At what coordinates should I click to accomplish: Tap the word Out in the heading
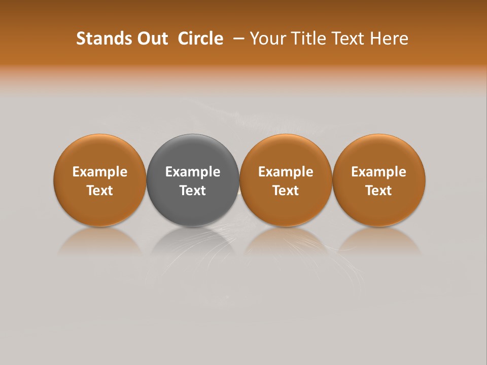pos(152,39)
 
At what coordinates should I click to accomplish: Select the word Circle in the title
pos(200,39)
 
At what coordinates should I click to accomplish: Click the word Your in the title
pos(266,39)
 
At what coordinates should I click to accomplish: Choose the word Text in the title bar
pos(342,39)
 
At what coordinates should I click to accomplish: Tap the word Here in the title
pos(387,39)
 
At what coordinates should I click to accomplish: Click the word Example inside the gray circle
pos(193,172)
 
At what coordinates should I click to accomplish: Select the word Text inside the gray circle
pos(193,191)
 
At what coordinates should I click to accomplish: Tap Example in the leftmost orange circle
pos(100,172)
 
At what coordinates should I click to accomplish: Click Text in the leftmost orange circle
pos(100,191)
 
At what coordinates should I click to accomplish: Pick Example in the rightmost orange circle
pos(378,172)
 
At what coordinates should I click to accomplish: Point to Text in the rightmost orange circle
pos(378,191)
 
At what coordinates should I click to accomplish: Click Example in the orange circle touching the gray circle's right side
pos(286,172)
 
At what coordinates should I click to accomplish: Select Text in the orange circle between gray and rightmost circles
pos(286,191)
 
